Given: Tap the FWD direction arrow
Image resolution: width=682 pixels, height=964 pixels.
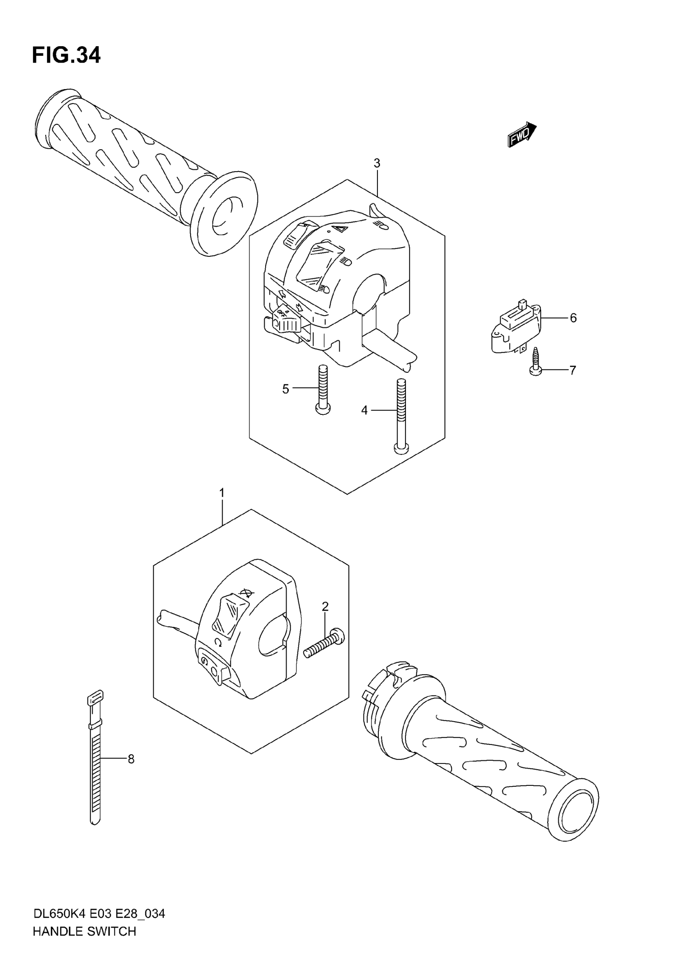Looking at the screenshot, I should pos(522,135).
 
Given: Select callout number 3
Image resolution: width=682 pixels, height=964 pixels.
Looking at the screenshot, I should pos(377,163).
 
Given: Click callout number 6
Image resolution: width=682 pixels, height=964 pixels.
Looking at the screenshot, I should pos(573,318).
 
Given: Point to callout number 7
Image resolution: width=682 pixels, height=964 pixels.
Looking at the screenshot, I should pos(573,370).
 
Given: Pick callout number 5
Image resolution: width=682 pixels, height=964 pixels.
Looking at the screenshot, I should pos(286,389).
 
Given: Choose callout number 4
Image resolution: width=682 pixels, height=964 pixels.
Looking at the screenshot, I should pos(364,410).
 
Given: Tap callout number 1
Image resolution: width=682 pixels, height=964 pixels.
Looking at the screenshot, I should pos(222,492).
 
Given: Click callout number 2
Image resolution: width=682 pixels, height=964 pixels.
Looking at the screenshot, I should pos(325,606).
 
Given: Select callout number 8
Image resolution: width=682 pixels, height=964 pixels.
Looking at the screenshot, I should pos(131,759).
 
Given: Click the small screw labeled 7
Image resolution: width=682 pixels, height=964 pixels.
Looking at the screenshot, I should pos(536,361).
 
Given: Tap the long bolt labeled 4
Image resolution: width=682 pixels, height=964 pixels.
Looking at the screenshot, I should pos(400,416).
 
